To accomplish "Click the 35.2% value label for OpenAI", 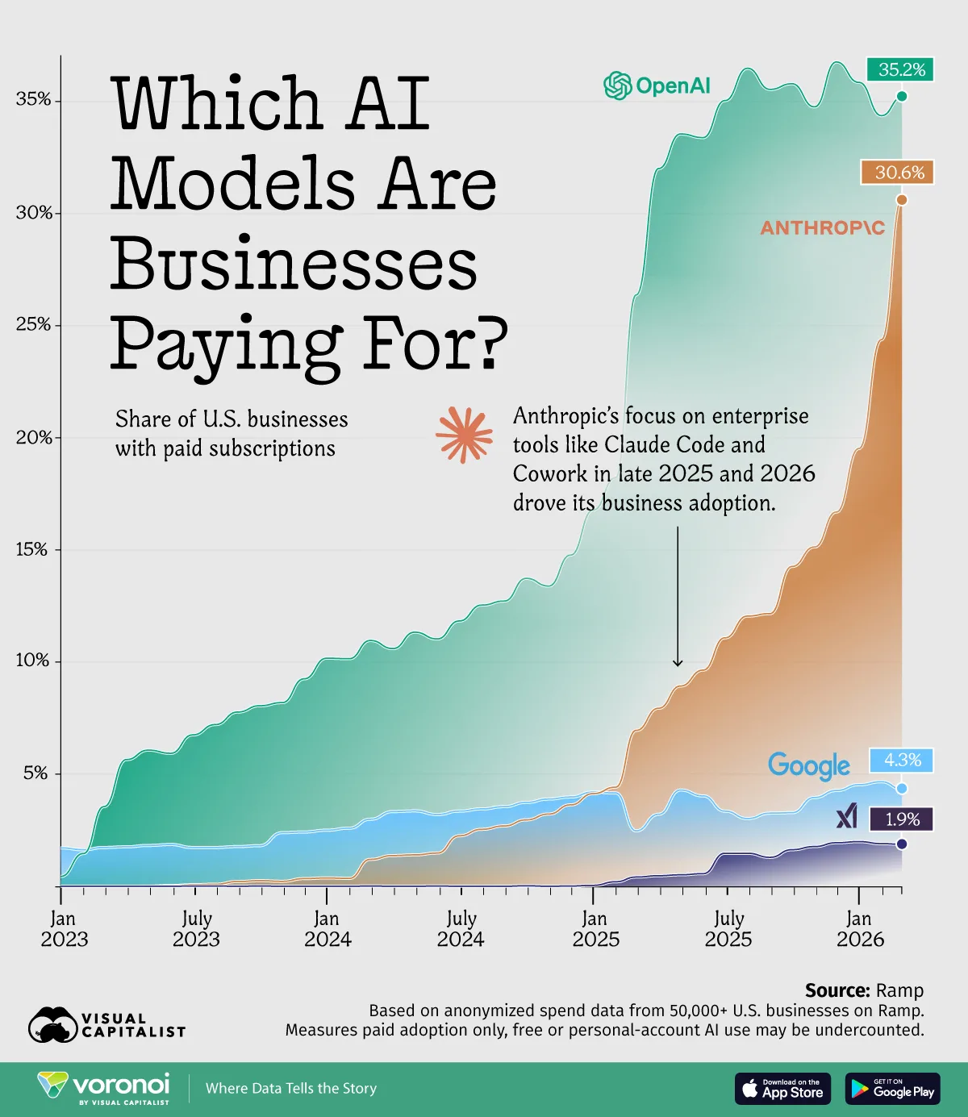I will coord(901,70).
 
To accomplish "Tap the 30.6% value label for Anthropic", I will coord(899,173).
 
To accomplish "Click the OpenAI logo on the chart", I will coord(657,85).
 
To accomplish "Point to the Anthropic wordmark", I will coord(822,228).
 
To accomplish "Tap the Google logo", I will coord(809,766).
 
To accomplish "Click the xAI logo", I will coord(847,817).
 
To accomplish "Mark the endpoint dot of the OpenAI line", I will coord(902,97).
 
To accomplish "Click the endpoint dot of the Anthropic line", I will coord(902,200).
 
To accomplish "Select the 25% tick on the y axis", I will coord(34,325).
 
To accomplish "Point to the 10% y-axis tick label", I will coord(34,661).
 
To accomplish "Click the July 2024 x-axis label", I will coord(461,929).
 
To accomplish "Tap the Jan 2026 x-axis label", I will coord(860,929).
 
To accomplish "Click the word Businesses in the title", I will coord(294,265).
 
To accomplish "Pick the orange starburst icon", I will coord(464,435).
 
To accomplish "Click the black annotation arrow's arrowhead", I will coord(678,663).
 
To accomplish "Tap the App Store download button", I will coord(782,1089).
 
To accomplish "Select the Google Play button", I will coord(892,1089).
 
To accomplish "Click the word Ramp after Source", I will coord(899,990).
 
